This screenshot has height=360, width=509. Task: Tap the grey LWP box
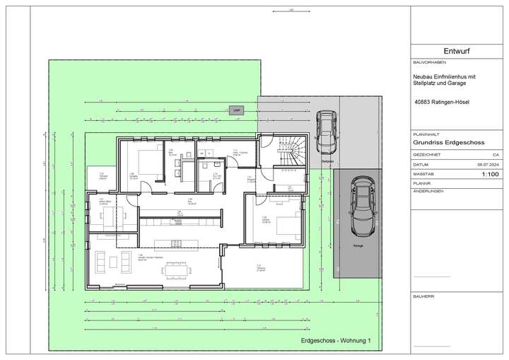(x=235, y=110)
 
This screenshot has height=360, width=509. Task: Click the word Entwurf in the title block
(x=457, y=52)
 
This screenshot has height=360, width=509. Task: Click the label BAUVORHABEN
(x=427, y=62)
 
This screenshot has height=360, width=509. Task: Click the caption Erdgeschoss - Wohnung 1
(x=335, y=340)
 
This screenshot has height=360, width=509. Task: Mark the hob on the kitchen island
(x=177, y=243)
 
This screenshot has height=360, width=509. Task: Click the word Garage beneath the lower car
(x=358, y=246)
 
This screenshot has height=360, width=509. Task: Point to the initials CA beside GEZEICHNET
(x=494, y=153)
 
